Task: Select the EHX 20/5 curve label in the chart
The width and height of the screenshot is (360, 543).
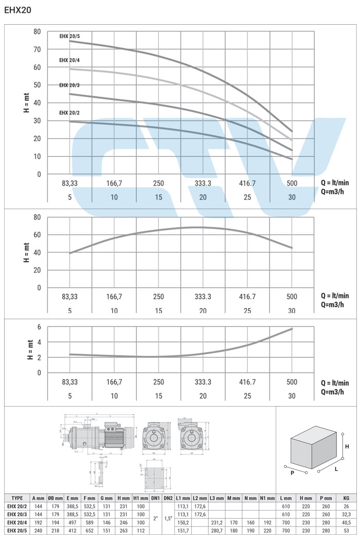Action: point(69,36)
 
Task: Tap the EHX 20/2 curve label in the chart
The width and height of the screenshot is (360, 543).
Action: point(69,113)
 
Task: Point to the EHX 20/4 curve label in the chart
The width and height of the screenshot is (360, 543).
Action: point(69,60)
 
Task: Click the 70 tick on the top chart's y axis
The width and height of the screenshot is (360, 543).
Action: point(37,49)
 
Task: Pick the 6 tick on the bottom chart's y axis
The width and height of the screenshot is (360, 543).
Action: point(39,327)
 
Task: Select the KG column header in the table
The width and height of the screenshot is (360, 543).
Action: point(346,498)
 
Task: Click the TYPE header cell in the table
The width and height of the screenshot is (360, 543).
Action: point(17,498)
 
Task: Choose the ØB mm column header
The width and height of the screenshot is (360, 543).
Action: point(56,498)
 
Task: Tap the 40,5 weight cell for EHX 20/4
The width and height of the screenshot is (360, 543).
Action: point(346,522)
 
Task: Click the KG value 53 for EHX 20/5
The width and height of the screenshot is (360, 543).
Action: point(346,530)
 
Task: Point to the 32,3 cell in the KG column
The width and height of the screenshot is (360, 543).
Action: point(346,514)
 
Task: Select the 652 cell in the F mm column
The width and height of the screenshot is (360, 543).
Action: point(89,530)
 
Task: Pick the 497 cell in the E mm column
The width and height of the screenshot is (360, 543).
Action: point(73,522)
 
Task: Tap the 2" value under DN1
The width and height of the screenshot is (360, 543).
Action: point(156,518)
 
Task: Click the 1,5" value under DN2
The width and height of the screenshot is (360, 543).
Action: point(169,518)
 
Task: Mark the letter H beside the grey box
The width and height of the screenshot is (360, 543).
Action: point(347,446)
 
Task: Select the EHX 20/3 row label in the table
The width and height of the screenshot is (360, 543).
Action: point(17,514)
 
